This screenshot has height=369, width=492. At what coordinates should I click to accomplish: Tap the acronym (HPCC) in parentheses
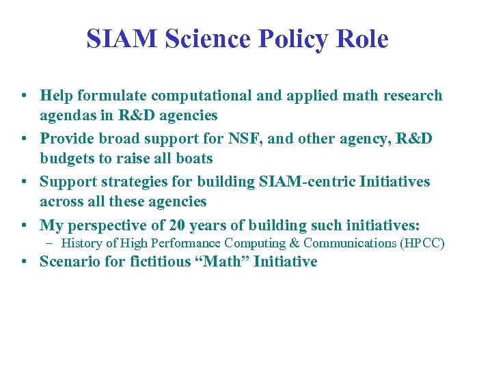click(x=424, y=243)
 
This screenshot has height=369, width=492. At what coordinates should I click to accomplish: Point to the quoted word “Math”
click(x=223, y=262)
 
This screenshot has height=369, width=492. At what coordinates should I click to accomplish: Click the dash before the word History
click(x=51, y=243)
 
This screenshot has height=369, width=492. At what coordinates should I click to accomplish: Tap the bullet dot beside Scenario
click(x=25, y=262)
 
